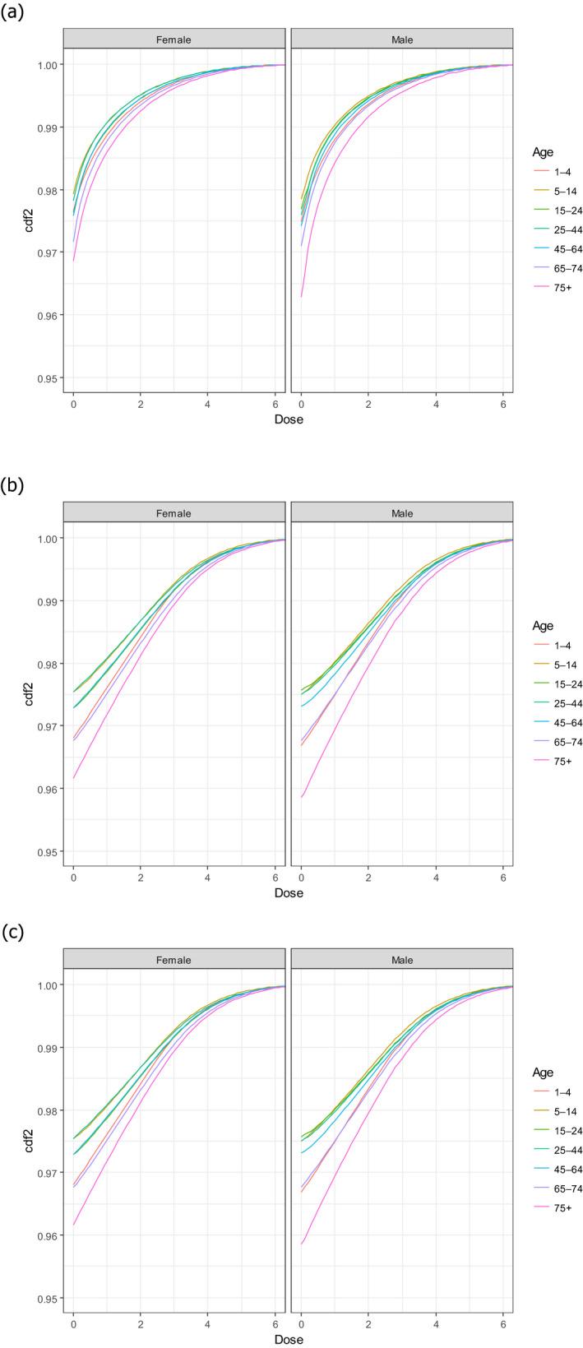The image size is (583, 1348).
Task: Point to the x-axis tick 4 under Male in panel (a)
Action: tap(436, 403)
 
